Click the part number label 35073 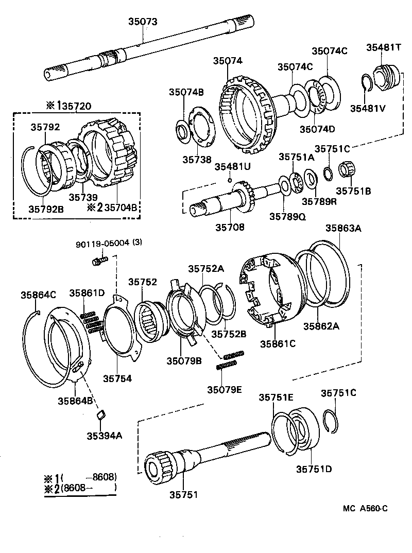pyautogui.click(x=143, y=22)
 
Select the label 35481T pyautogui.click(x=384, y=47)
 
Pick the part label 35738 pyautogui.click(x=197, y=160)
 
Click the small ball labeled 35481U pyautogui.click(x=230, y=180)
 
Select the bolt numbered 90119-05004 pyautogui.click(x=98, y=262)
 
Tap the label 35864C pyautogui.click(x=38, y=295)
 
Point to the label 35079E pyautogui.click(x=224, y=389)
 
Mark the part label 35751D pyautogui.click(x=314, y=469)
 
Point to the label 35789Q pyautogui.click(x=287, y=217)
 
